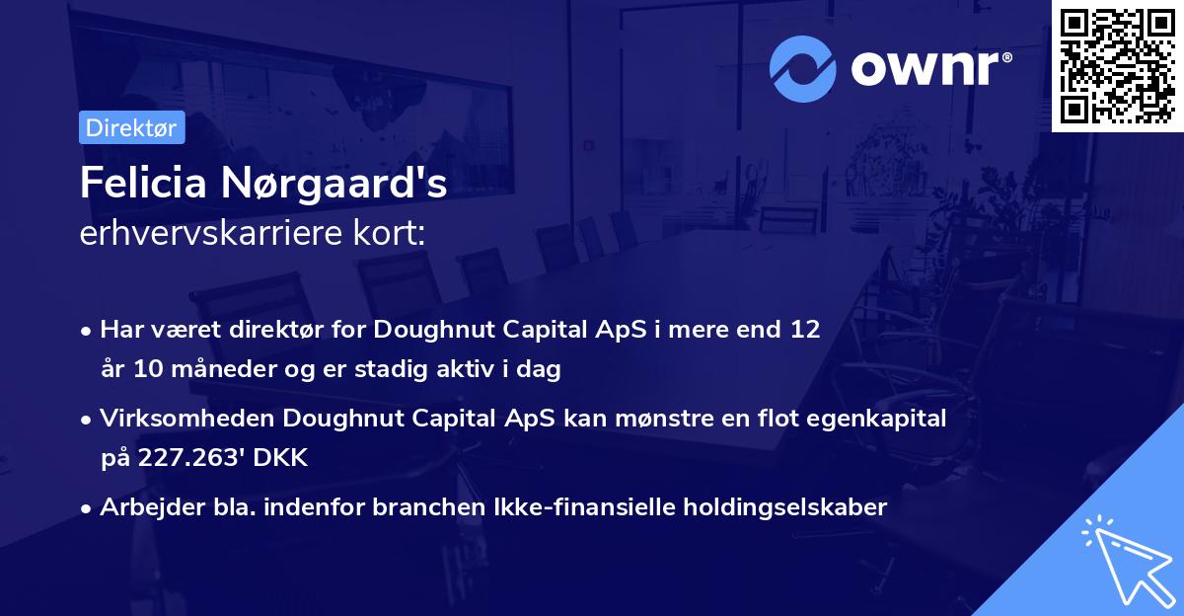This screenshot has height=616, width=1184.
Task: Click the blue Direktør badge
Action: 131,127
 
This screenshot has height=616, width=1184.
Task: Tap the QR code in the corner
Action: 1117,65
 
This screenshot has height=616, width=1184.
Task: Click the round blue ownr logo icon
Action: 803,68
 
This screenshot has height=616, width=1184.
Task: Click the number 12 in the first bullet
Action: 806,329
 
